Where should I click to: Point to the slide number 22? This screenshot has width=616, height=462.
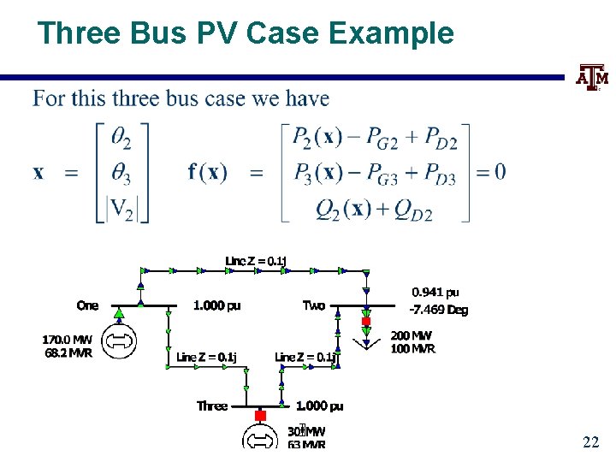[590, 441]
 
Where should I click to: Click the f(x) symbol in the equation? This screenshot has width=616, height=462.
[208, 172]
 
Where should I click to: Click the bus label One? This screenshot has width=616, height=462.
[87, 305]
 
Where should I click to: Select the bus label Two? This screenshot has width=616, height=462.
[314, 305]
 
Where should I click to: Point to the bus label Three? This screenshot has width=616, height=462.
[212, 406]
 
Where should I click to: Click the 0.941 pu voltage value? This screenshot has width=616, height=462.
[435, 293]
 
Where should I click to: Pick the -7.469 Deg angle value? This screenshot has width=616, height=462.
[439, 310]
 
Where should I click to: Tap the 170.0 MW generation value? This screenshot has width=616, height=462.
[68, 340]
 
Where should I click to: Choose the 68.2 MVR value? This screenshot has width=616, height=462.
[68, 352]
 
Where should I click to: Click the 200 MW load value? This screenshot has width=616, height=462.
[412, 335]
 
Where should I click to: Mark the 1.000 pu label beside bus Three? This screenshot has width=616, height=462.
[319, 406]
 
